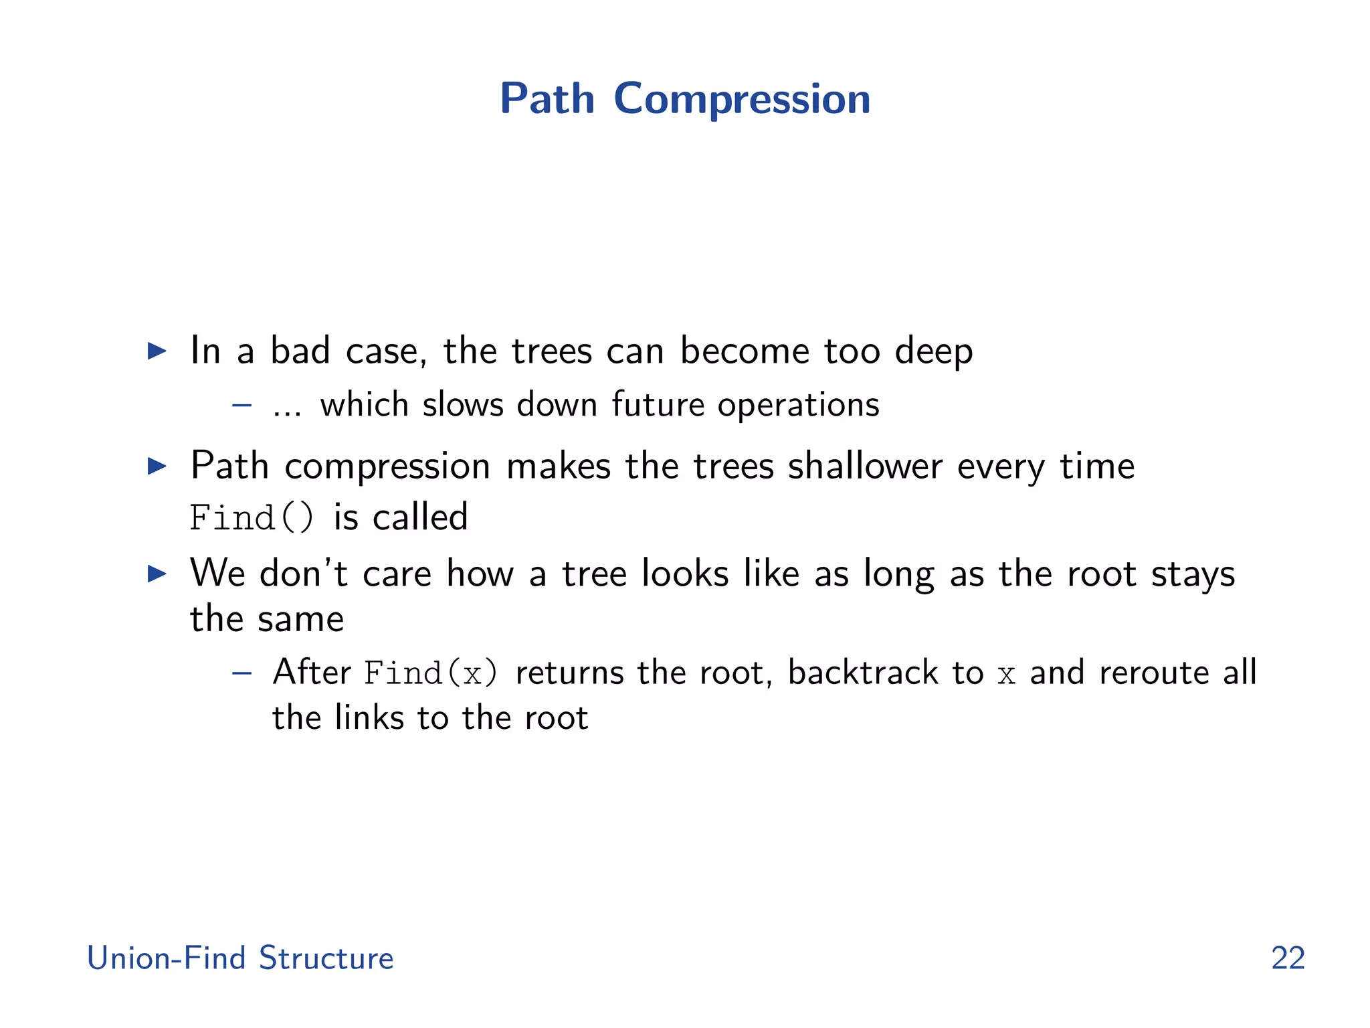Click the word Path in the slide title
coord(547,99)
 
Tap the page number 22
coord(1288,958)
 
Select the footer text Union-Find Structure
coord(240,958)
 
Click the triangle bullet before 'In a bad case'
coord(157,351)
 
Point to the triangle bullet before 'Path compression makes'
coord(157,466)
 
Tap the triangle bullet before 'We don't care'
coord(157,574)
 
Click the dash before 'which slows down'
coord(241,405)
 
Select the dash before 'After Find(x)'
coord(241,673)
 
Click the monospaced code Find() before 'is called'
coord(251,518)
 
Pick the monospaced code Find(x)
coord(431,673)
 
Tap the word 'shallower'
coord(865,466)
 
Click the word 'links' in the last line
coord(369,717)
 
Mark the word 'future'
coord(658,405)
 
